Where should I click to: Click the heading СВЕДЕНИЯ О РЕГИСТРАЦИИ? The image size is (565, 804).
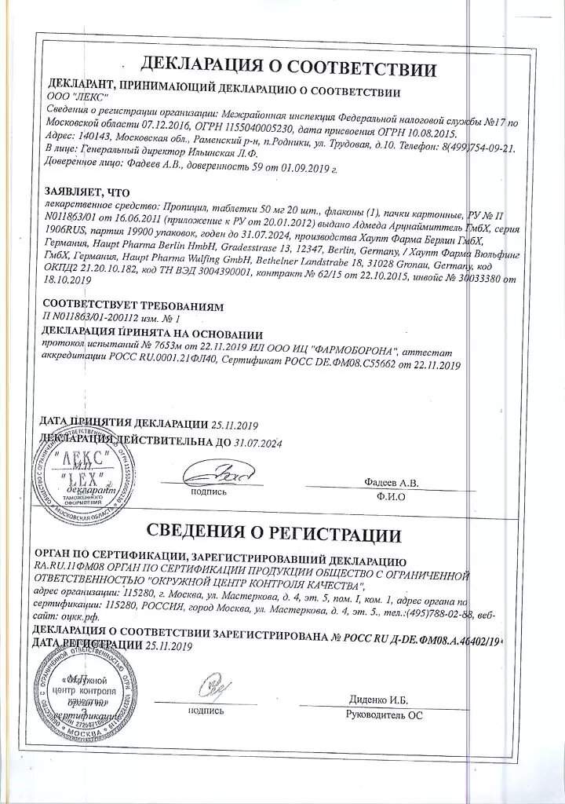click(283, 535)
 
